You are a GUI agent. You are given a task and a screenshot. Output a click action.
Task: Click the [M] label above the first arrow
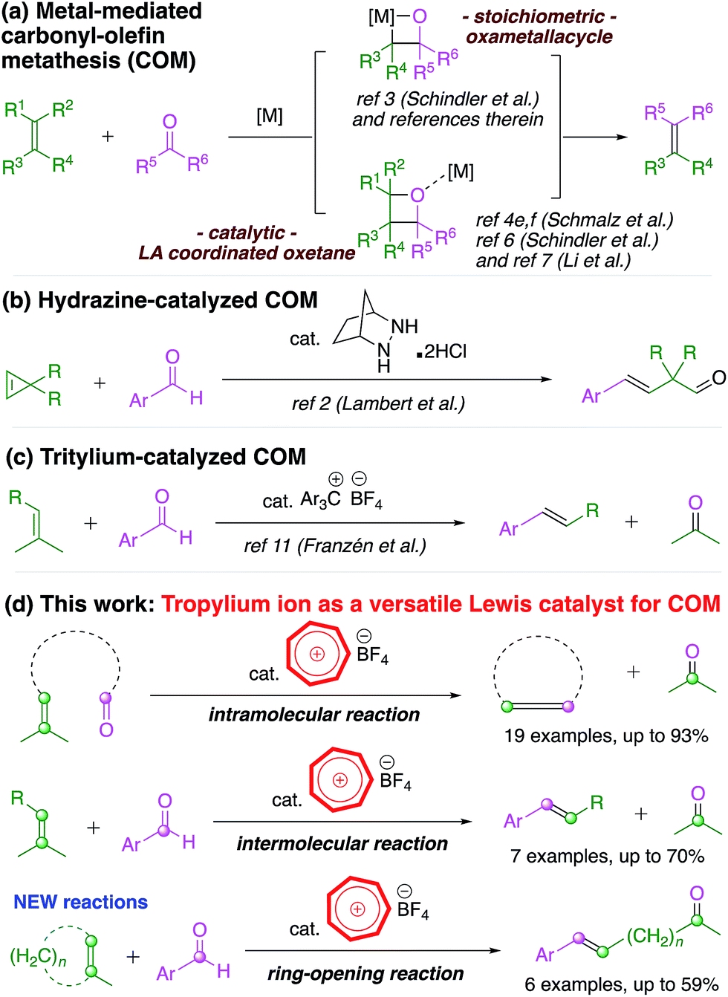click(270, 116)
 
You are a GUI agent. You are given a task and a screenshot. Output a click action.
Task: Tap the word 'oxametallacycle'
click(539, 36)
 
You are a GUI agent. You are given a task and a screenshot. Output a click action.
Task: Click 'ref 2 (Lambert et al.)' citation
click(378, 403)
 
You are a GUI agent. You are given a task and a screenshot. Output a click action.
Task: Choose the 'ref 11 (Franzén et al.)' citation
click(335, 546)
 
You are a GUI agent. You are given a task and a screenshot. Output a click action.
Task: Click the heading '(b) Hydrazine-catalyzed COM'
click(160, 300)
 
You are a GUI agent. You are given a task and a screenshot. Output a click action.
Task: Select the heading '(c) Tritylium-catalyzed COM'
click(155, 456)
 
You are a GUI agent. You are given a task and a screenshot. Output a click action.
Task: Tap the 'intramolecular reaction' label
click(313, 715)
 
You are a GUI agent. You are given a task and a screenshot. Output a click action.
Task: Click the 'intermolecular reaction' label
click(342, 844)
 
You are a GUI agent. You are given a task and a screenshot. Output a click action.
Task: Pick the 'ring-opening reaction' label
click(365, 973)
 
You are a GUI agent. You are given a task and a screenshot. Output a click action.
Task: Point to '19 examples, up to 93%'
click(605, 736)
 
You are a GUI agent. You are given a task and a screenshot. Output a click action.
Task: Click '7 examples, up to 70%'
click(607, 857)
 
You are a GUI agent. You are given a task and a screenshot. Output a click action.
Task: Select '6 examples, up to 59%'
click(621, 984)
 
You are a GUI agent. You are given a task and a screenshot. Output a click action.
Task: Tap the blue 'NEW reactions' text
click(80, 902)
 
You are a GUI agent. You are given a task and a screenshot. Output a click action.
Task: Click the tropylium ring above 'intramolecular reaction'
click(317, 655)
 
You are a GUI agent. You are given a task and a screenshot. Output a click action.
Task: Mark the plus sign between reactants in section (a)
click(108, 136)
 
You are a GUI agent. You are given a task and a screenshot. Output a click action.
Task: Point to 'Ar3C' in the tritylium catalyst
click(320, 499)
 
